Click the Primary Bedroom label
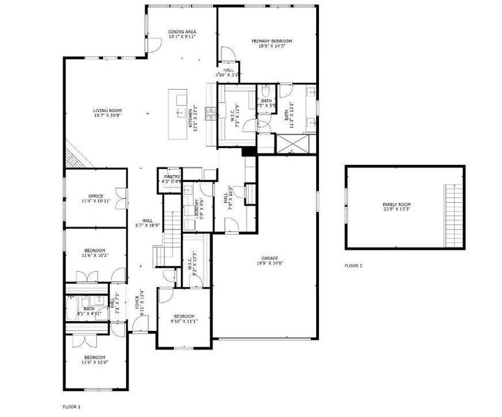pyautogui.click(x=272, y=44)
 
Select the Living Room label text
pyautogui.click(x=108, y=113)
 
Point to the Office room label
pyautogui.click(x=95, y=198)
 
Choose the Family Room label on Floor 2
pyautogui.click(x=396, y=206)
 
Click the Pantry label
pyautogui.click(x=172, y=179)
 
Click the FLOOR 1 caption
pyautogui.click(x=72, y=405)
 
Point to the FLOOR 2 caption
pyautogui.click(x=354, y=265)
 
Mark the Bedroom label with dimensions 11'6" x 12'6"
pyautogui.click(x=95, y=360)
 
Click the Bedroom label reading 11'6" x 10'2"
pyautogui.click(x=95, y=253)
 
